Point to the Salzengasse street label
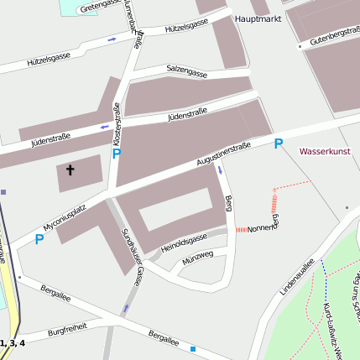(x=186, y=70)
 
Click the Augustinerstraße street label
(x=223, y=152)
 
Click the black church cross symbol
(x=70, y=171)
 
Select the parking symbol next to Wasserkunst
(x=279, y=144)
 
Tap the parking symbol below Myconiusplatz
(x=39, y=239)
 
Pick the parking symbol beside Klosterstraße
(x=116, y=154)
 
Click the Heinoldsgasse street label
(x=184, y=242)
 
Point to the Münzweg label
(x=199, y=256)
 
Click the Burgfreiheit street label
(x=67, y=331)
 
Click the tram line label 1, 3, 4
(x=13, y=343)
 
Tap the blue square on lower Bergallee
(x=193, y=349)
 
